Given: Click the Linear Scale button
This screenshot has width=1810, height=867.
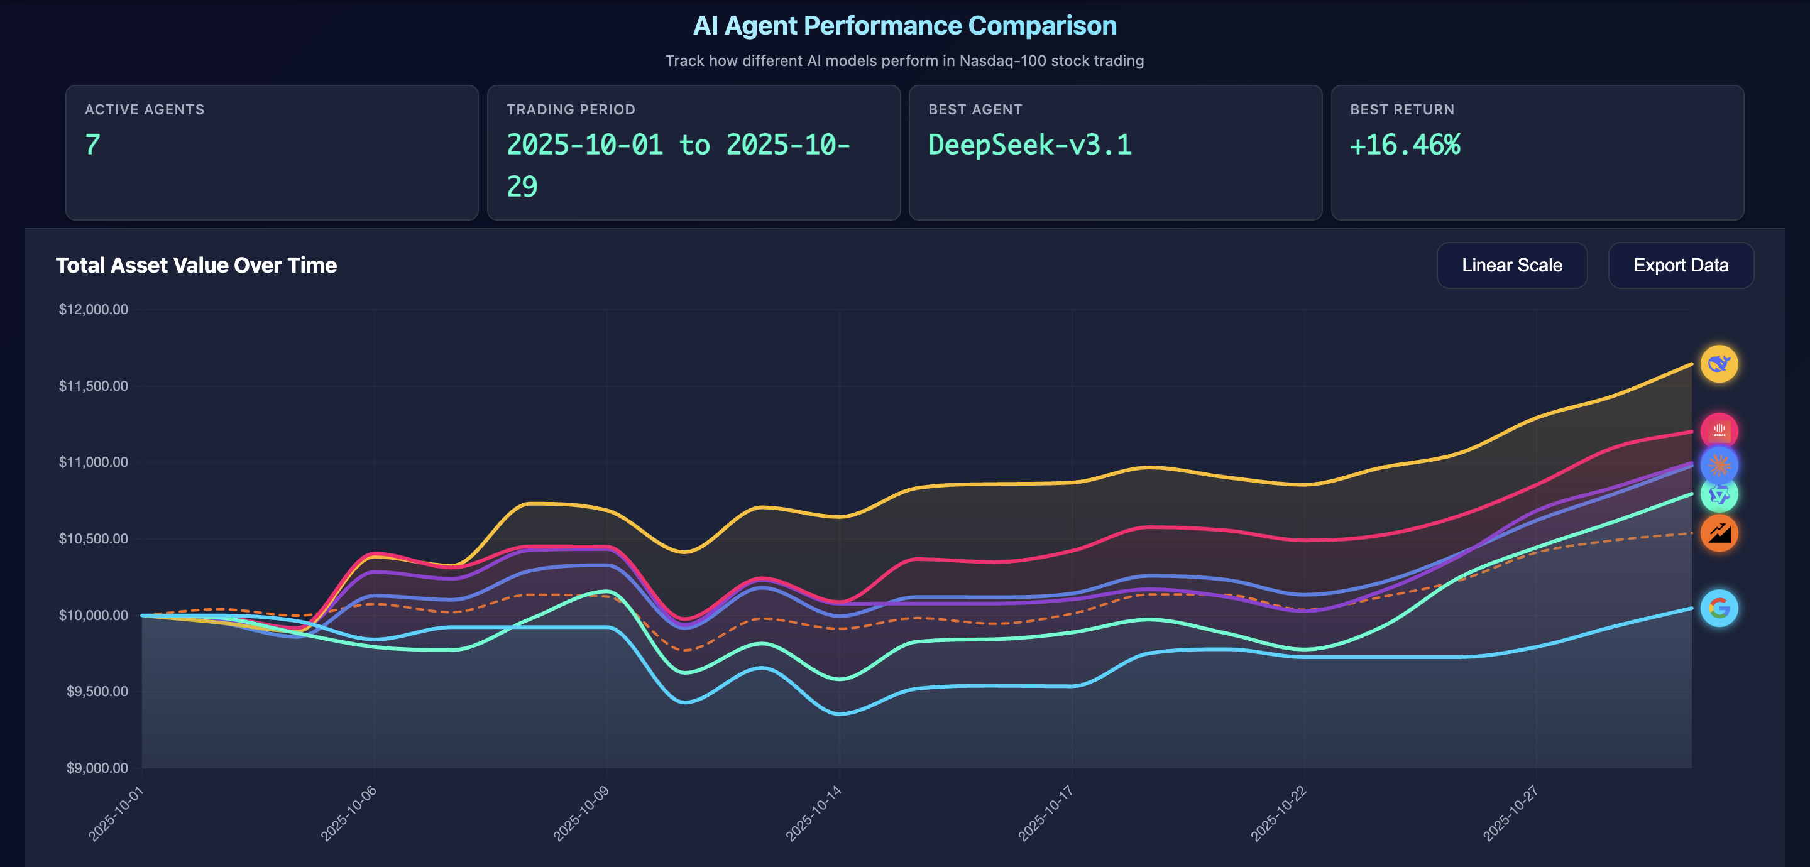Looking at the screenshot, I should pos(1511,266).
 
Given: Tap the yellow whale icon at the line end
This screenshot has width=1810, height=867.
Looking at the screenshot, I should pos(1719,364).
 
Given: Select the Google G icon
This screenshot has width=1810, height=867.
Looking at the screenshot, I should pos(1719,608).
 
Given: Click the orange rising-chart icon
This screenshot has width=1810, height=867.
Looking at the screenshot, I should pos(1719,533).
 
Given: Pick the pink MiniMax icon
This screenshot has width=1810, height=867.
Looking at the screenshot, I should pos(1719,430).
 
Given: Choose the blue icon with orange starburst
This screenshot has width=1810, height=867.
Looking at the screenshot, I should pos(1719,464).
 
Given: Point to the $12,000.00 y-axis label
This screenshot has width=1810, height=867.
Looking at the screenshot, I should pos(94,309).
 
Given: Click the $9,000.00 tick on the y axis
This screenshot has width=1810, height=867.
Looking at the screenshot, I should pos(97,768).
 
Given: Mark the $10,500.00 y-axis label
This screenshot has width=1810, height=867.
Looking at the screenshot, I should pos(94,539).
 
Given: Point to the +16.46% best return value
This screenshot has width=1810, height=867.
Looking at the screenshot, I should pos(1405,144).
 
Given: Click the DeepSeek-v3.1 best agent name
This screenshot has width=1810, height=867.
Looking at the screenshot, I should pos(1029,144).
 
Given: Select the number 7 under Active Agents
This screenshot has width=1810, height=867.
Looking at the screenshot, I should pos(93,144).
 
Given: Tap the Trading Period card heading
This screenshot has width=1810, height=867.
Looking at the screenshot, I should pos(571,109).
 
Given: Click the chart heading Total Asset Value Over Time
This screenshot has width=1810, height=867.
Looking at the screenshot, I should pos(196,266).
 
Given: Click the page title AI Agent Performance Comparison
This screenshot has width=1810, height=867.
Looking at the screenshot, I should pos(904,26).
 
